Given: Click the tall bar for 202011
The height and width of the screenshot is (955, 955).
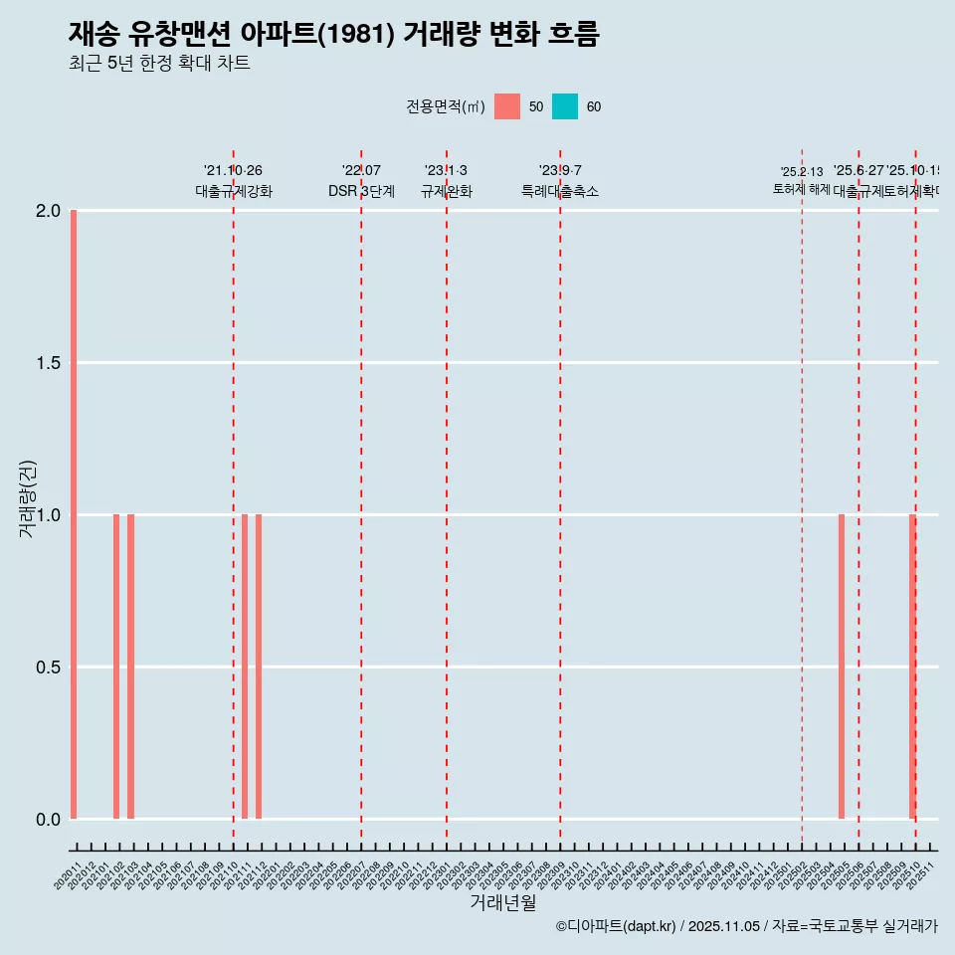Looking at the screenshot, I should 74,514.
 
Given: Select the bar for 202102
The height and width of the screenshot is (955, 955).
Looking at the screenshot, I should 116,667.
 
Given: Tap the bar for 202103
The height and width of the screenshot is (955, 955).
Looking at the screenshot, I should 130,667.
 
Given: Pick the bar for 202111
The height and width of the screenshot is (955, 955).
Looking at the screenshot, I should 245,667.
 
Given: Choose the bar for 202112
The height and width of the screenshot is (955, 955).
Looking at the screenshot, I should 259,667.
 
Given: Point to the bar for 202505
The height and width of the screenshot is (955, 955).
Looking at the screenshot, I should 842,667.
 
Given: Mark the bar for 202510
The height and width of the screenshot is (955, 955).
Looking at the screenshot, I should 912,667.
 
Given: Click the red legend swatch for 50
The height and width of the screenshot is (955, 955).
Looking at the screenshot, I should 507,106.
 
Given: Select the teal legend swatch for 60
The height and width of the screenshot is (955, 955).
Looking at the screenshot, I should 565,106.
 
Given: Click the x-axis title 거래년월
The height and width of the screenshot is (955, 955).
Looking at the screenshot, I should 502,903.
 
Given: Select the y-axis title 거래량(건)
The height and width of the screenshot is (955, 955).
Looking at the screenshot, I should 27,498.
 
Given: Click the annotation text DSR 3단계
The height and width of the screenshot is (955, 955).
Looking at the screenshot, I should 361,191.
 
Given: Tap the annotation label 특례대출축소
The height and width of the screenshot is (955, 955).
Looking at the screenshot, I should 560,191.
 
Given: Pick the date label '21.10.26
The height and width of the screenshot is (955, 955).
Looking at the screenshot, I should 233,171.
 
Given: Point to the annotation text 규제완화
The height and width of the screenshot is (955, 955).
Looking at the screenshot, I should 447,191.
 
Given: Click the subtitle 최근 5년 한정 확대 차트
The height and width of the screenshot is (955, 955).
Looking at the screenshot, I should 159,64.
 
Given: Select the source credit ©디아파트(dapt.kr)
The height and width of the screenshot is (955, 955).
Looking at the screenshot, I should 616,926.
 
